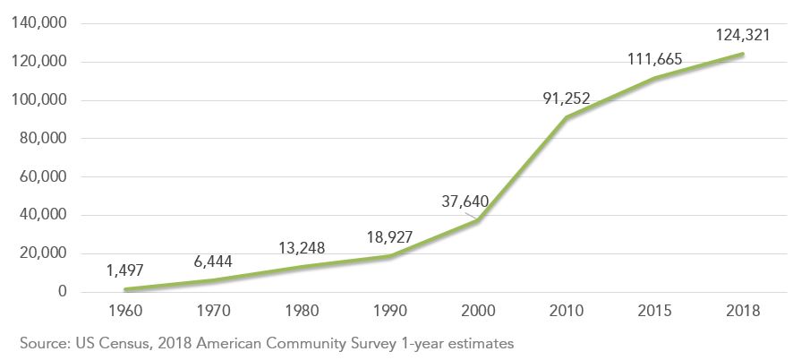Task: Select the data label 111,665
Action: tap(654, 60)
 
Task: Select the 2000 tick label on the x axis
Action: tap(477, 312)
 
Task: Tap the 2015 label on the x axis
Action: tap(654, 312)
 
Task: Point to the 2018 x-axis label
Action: tap(742, 312)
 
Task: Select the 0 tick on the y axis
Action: tap(63, 292)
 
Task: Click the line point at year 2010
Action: tap(566, 117)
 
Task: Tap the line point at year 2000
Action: tap(477, 220)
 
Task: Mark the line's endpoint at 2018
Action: tap(742, 54)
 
